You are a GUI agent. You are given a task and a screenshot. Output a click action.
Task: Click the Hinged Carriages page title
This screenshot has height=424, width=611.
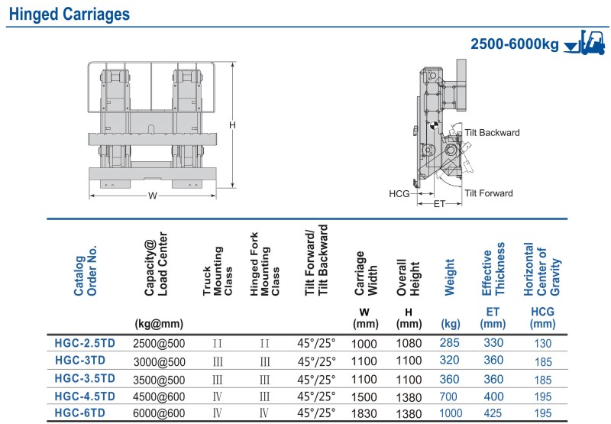(70, 14)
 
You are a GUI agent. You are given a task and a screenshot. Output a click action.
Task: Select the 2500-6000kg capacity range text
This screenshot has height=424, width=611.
(514, 44)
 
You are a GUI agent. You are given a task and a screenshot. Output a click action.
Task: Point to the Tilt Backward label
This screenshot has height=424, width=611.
(492, 132)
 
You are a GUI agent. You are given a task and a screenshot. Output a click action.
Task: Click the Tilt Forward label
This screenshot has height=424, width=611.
(489, 193)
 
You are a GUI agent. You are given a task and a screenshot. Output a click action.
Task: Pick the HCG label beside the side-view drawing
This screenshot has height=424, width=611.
(399, 194)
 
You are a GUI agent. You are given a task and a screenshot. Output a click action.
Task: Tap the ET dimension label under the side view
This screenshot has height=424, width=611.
(439, 204)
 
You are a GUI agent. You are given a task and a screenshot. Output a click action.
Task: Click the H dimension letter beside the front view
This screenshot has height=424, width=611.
(232, 125)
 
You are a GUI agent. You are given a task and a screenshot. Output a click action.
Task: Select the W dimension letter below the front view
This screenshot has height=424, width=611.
(152, 196)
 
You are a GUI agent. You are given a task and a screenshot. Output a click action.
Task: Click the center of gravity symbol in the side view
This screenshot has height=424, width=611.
(434, 125)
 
